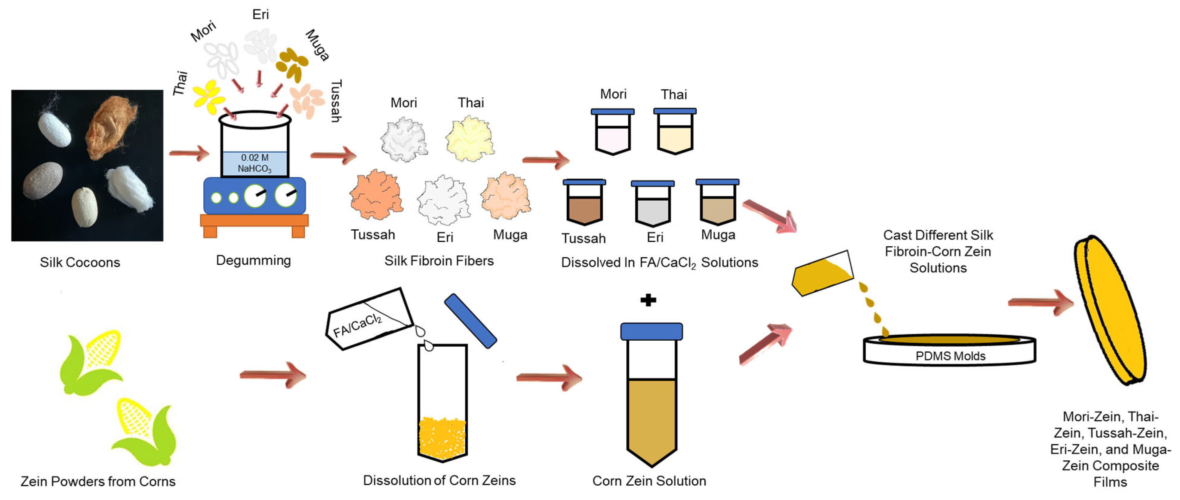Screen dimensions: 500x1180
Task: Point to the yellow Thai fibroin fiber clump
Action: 470,138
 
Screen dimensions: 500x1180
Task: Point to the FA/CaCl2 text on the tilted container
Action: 357,325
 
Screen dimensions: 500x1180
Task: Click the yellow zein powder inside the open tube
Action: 442,437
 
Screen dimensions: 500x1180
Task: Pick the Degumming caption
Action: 253,261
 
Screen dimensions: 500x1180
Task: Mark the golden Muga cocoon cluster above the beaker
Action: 292,65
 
